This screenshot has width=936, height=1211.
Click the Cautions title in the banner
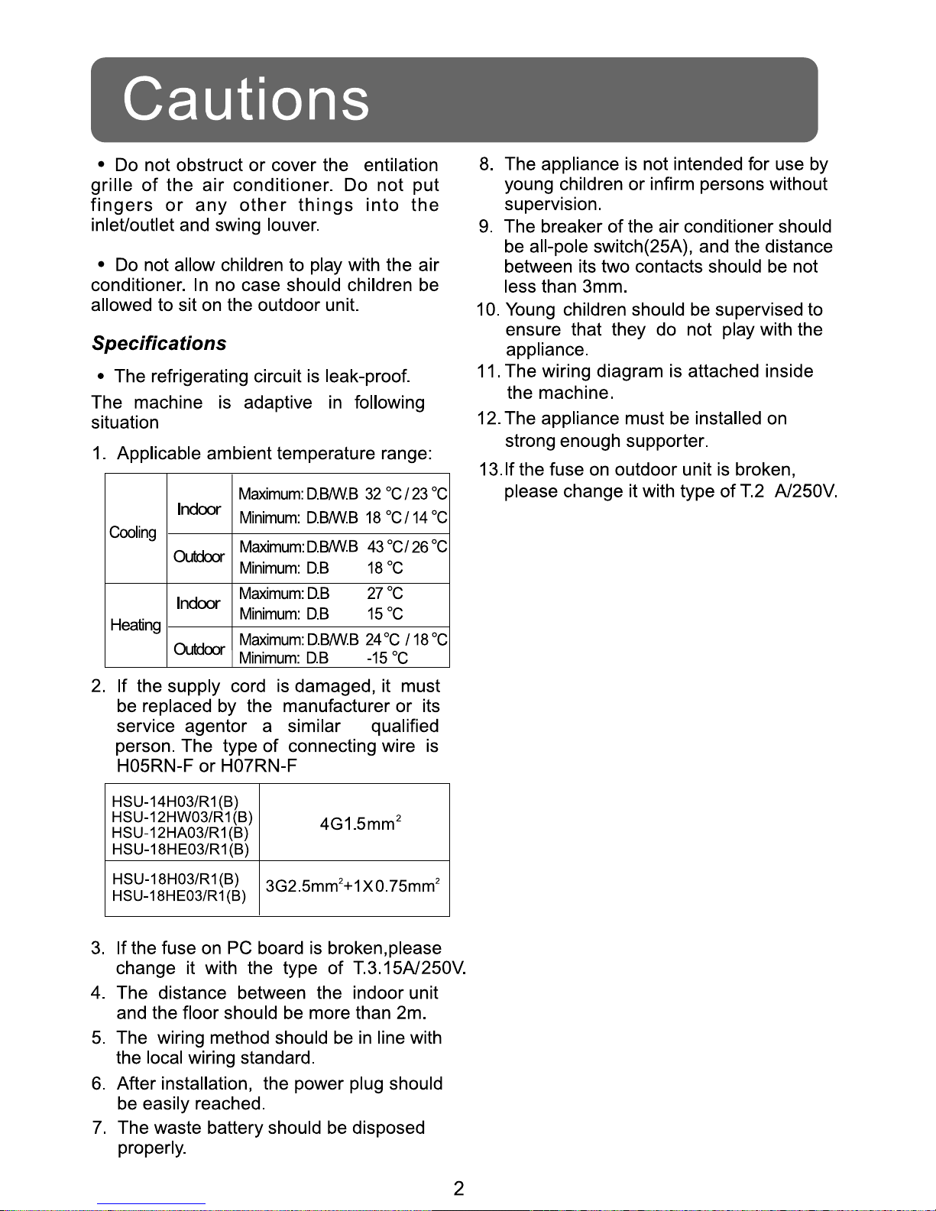246,99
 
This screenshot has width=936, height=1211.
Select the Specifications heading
159,344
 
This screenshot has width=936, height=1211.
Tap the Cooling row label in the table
133,533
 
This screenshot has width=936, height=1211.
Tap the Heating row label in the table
135,625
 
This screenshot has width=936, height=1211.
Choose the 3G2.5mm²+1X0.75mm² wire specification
352,886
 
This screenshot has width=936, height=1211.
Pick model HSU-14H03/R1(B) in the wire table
175,801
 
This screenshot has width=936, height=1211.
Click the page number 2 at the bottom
458,1189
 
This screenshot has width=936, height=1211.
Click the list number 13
489,469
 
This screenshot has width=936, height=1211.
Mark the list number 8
485,164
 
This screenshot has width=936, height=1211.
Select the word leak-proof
368,377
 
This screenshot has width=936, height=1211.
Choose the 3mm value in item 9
604,287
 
